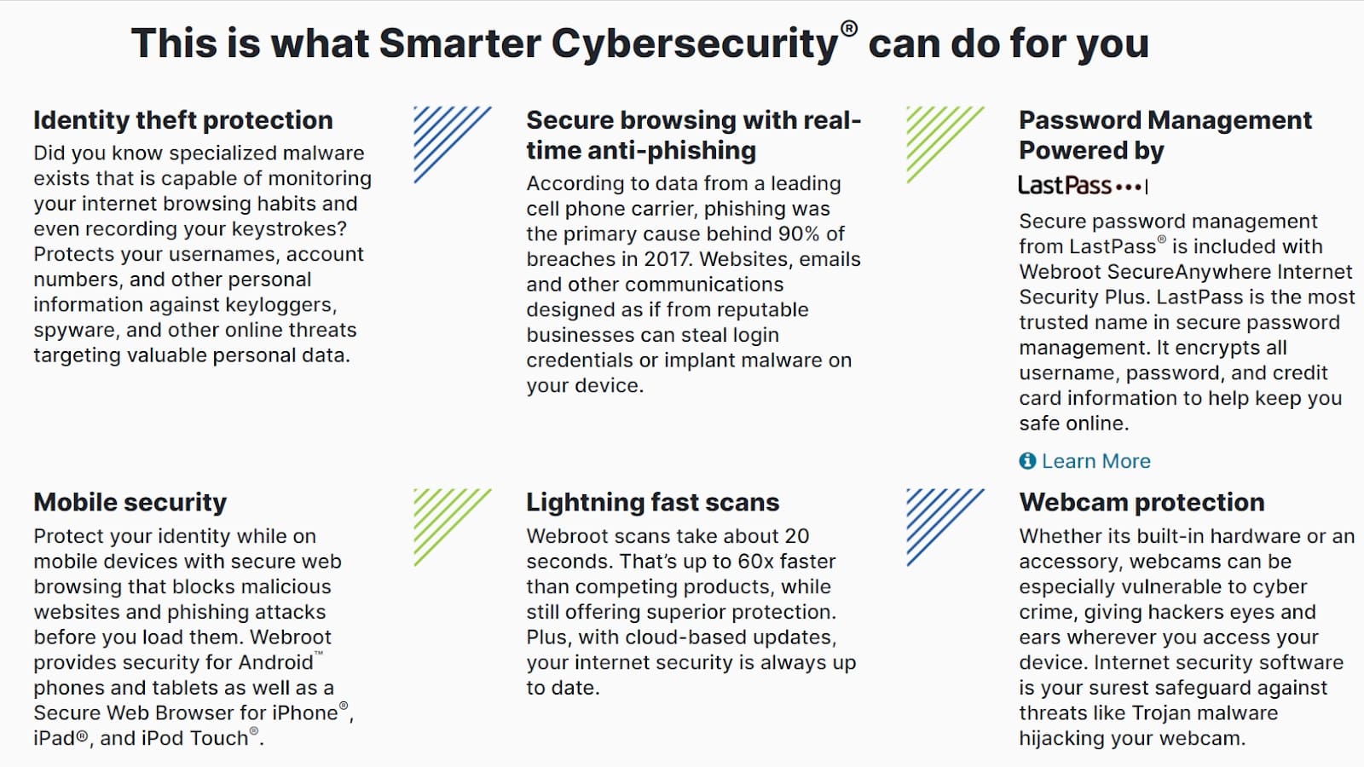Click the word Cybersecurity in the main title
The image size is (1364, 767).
pyautogui.click(x=695, y=43)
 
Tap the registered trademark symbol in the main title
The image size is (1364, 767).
pyautogui.click(x=849, y=29)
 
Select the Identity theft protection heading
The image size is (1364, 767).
pyautogui.click(x=183, y=120)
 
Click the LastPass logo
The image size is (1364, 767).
pyautogui.click(x=1084, y=185)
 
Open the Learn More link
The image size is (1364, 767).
pyautogui.click(x=1096, y=461)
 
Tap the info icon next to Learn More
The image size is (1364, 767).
pyautogui.click(x=1027, y=461)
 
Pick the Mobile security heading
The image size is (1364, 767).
pyautogui.click(x=130, y=503)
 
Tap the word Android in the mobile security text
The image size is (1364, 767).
pyautogui.click(x=276, y=662)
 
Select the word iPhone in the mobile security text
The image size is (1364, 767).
pyautogui.click(x=305, y=712)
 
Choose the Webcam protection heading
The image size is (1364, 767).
pyautogui.click(x=1142, y=503)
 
